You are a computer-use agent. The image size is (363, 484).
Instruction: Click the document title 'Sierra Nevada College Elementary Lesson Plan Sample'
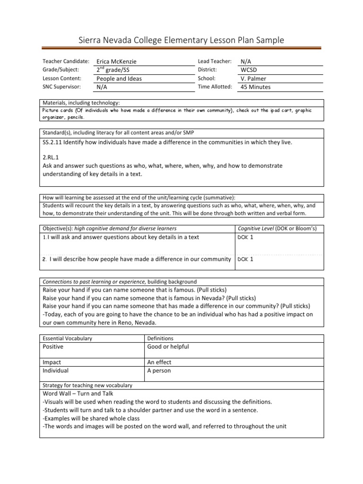click(x=181, y=40)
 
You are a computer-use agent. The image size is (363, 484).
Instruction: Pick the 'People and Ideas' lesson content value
click(x=119, y=78)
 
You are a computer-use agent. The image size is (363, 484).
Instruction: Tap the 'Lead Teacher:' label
click(x=215, y=61)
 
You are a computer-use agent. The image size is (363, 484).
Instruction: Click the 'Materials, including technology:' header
click(x=81, y=103)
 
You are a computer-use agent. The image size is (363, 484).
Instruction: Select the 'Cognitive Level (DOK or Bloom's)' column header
click(x=277, y=229)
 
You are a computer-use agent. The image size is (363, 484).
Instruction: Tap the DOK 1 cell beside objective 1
click(x=246, y=237)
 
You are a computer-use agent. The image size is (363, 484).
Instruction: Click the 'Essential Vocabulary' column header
click(x=68, y=338)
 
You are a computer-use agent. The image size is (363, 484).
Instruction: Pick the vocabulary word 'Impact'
click(x=52, y=362)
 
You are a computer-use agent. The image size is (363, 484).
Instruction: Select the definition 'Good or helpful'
click(x=168, y=347)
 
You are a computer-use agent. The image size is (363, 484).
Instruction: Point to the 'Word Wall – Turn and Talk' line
click(x=78, y=393)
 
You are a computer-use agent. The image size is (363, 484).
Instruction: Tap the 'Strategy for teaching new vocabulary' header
click(x=87, y=386)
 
